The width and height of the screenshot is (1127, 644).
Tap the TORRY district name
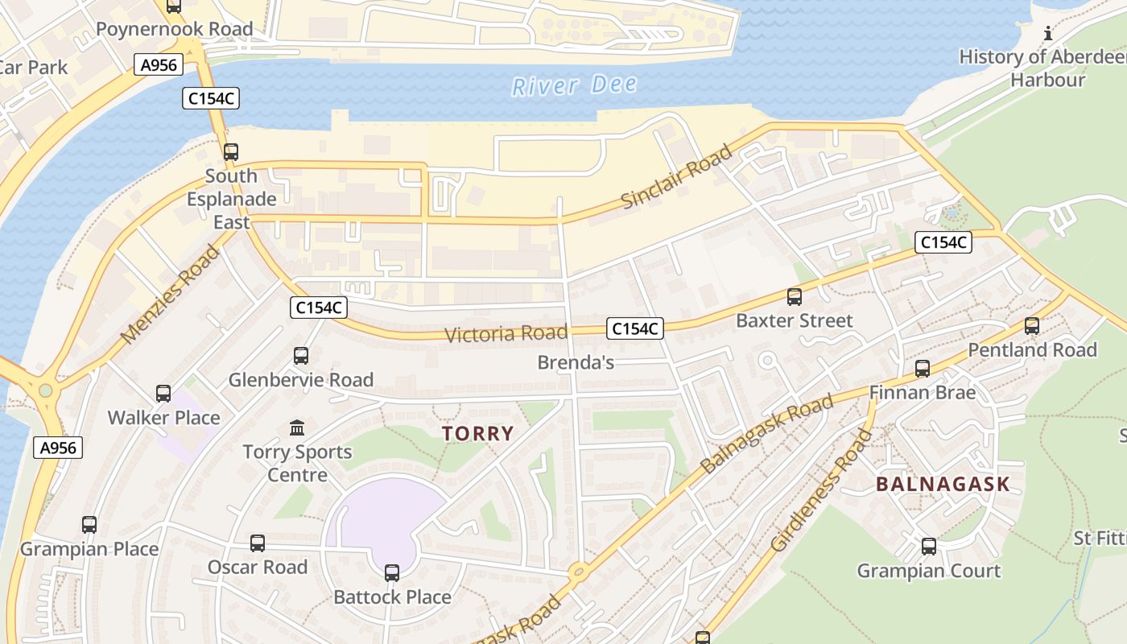point(477,434)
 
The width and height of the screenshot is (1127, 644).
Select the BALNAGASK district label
point(942,484)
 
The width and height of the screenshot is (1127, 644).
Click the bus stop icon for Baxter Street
point(795,297)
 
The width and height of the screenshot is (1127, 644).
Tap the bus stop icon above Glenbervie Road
point(301,355)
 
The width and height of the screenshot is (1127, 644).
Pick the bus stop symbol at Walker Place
point(163,394)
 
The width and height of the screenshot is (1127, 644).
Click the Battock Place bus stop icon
point(392,573)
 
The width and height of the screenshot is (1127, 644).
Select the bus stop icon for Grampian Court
point(929,547)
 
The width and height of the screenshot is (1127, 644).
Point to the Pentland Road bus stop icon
point(1032,326)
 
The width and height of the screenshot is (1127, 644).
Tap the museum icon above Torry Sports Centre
point(297,427)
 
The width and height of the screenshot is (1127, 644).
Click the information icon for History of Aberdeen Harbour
point(1047,33)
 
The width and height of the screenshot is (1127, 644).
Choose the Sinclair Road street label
point(677,176)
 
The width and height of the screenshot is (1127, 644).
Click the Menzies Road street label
point(170,295)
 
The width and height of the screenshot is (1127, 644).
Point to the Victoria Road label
point(506,333)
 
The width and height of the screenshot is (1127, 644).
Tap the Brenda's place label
point(576,362)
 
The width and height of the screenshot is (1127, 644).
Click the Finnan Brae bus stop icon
point(923,369)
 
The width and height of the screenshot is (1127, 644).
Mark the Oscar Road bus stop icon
point(258,543)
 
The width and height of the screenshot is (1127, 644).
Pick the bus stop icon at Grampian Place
point(89,525)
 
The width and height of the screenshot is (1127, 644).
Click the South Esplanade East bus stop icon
point(231,151)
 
